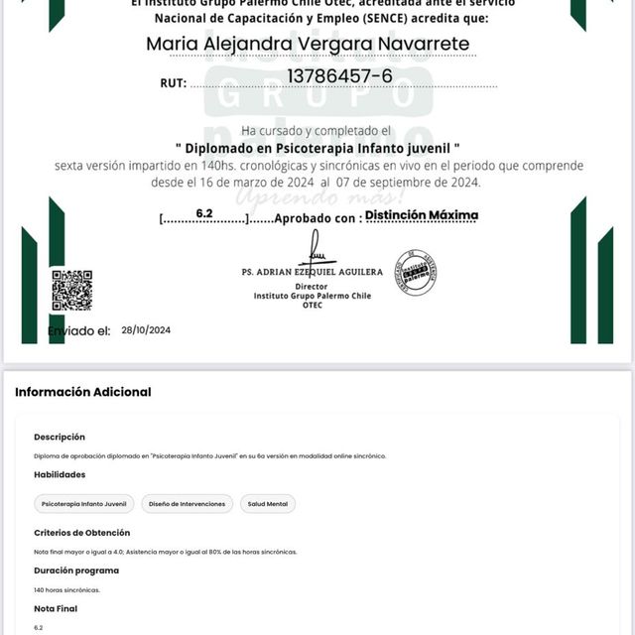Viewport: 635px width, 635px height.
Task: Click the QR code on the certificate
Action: (x=71, y=290)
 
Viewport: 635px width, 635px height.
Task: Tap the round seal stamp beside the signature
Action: (x=416, y=272)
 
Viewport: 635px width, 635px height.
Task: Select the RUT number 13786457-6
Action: (x=339, y=76)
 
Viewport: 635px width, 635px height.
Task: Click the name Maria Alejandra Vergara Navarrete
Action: (x=308, y=44)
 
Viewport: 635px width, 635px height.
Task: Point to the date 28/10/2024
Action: (x=146, y=330)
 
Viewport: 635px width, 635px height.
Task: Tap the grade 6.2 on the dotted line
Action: (x=204, y=213)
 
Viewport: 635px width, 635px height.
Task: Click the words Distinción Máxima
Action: (x=422, y=215)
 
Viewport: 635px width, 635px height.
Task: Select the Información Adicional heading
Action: (x=83, y=392)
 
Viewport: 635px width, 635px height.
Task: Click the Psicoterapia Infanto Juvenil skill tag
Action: (x=83, y=504)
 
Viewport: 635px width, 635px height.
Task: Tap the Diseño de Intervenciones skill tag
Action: (x=188, y=504)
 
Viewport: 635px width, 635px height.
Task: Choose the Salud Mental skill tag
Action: (x=268, y=504)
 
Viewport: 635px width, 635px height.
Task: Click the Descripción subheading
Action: (x=60, y=437)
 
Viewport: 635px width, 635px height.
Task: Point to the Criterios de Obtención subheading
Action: (x=81, y=533)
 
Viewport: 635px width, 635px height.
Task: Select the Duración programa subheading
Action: (x=76, y=571)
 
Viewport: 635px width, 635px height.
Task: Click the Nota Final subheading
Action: (x=56, y=608)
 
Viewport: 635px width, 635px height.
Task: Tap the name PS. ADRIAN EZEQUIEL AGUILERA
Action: (x=312, y=272)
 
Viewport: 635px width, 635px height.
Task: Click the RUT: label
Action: (x=173, y=83)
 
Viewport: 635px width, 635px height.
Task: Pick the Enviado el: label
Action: (x=78, y=330)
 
